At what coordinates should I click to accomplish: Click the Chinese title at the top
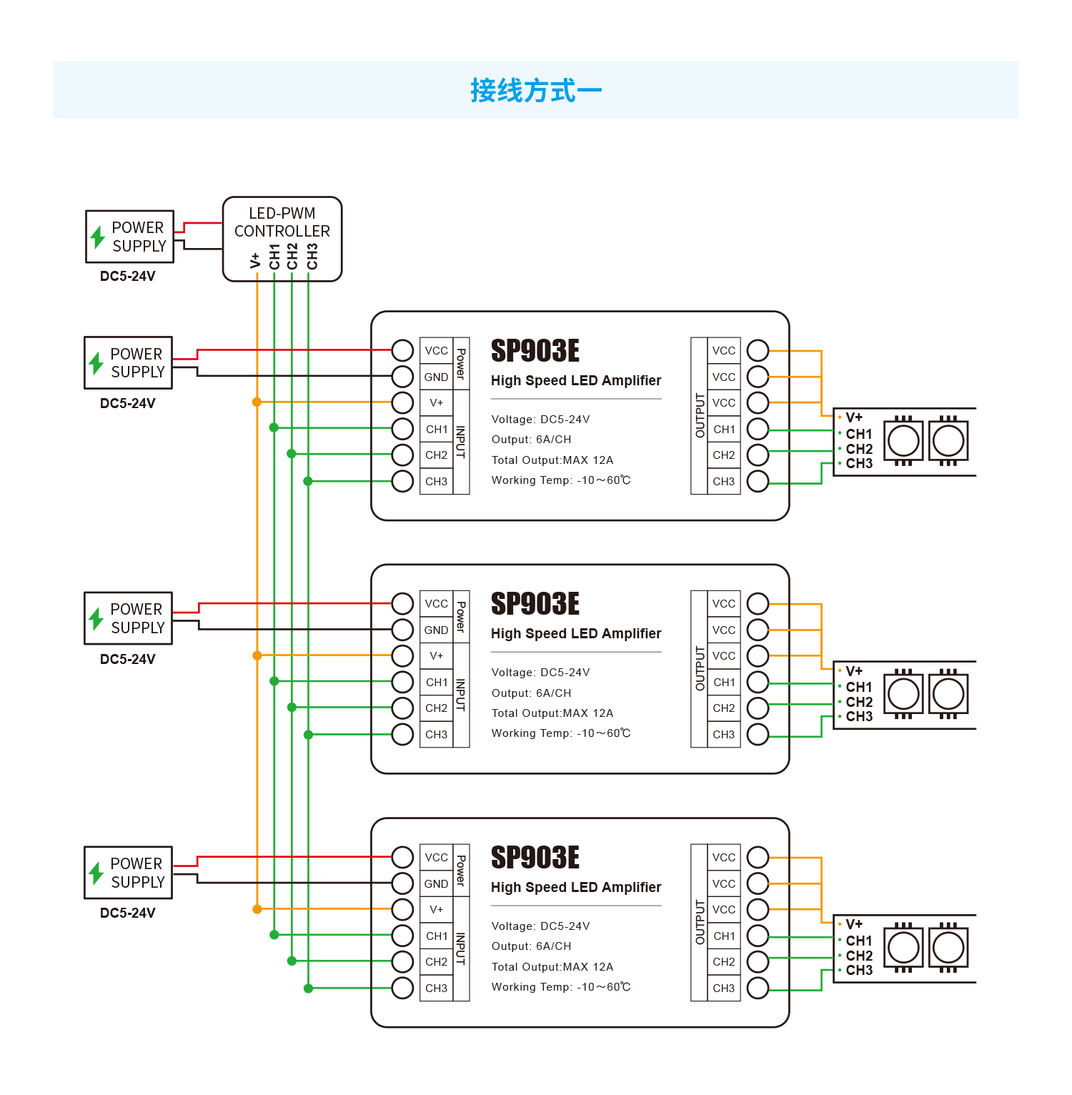tap(536, 91)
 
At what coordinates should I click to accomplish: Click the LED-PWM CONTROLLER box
tap(282, 239)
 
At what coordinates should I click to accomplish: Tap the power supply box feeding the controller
tap(129, 237)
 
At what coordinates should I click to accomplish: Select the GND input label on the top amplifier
tap(436, 377)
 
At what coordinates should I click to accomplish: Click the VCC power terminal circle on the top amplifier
tap(402, 350)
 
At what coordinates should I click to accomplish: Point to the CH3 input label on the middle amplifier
tap(436, 734)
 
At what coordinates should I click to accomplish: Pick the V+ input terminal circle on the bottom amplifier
tap(402, 909)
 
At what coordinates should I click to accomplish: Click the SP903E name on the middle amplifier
tap(535, 604)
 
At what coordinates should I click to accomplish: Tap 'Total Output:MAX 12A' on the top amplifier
tap(552, 460)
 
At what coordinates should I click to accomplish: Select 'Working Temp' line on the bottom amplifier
tap(561, 987)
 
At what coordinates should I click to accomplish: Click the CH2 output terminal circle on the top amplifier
tap(758, 455)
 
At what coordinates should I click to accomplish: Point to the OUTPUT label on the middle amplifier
tap(700, 668)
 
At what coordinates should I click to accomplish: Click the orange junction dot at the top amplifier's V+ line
tap(257, 402)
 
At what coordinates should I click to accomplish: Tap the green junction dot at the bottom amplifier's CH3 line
tap(308, 989)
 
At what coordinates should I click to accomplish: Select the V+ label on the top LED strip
tap(854, 417)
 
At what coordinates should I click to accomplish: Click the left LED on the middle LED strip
tap(903, 694)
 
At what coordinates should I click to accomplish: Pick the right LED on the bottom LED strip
tap(948, 948)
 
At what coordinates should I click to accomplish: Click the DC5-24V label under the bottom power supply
tap(128, 913)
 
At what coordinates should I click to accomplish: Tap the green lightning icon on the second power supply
tap(96, 363)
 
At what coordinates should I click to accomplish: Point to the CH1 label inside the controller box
tap(274, 257)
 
